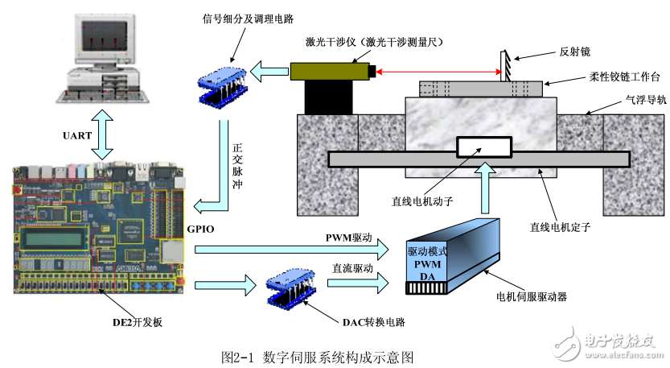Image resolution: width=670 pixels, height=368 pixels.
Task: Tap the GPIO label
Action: coord(201,229)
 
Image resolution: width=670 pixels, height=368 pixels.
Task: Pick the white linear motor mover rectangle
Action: coord(484,147)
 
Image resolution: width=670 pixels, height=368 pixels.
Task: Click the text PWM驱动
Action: coord(349,238)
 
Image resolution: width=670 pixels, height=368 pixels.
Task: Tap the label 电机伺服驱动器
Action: coord(532,296)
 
